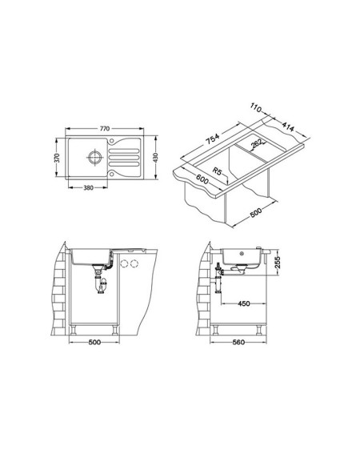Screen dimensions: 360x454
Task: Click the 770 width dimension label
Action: tap(105, 129)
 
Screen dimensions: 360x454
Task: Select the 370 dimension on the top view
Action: tap(57, 158)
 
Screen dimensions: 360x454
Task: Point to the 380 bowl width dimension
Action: tap(88, 188)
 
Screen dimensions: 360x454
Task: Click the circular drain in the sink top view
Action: tap(94, 158)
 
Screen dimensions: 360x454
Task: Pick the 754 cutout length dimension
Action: tap(213, 139)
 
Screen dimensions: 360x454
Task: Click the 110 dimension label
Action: tap(256, 108)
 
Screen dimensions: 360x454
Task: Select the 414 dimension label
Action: tap(288, 127)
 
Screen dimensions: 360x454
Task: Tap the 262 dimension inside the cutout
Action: tap(257, 143)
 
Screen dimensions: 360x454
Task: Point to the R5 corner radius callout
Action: tap(217, 171)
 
